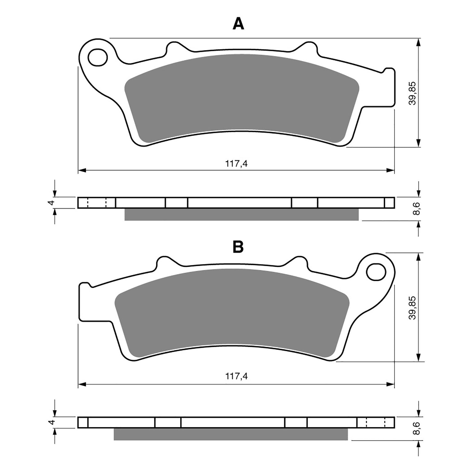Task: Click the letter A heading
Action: [x=238, y=24]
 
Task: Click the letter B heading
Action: [x=238, y=247]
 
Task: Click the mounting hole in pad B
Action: [x=376, y=272]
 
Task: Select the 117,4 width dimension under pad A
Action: [x=236, y=164]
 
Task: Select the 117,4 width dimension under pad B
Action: [x=236, y=376]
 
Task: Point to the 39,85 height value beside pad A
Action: [x=413, y=93]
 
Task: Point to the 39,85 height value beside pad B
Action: [x=413, y=307]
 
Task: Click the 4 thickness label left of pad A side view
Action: [x=52, y=203]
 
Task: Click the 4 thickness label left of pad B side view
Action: [x=52, y=422]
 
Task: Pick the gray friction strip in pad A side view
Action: [x=241, y=214]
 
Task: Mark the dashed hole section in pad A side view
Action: [x=97, y=203]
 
